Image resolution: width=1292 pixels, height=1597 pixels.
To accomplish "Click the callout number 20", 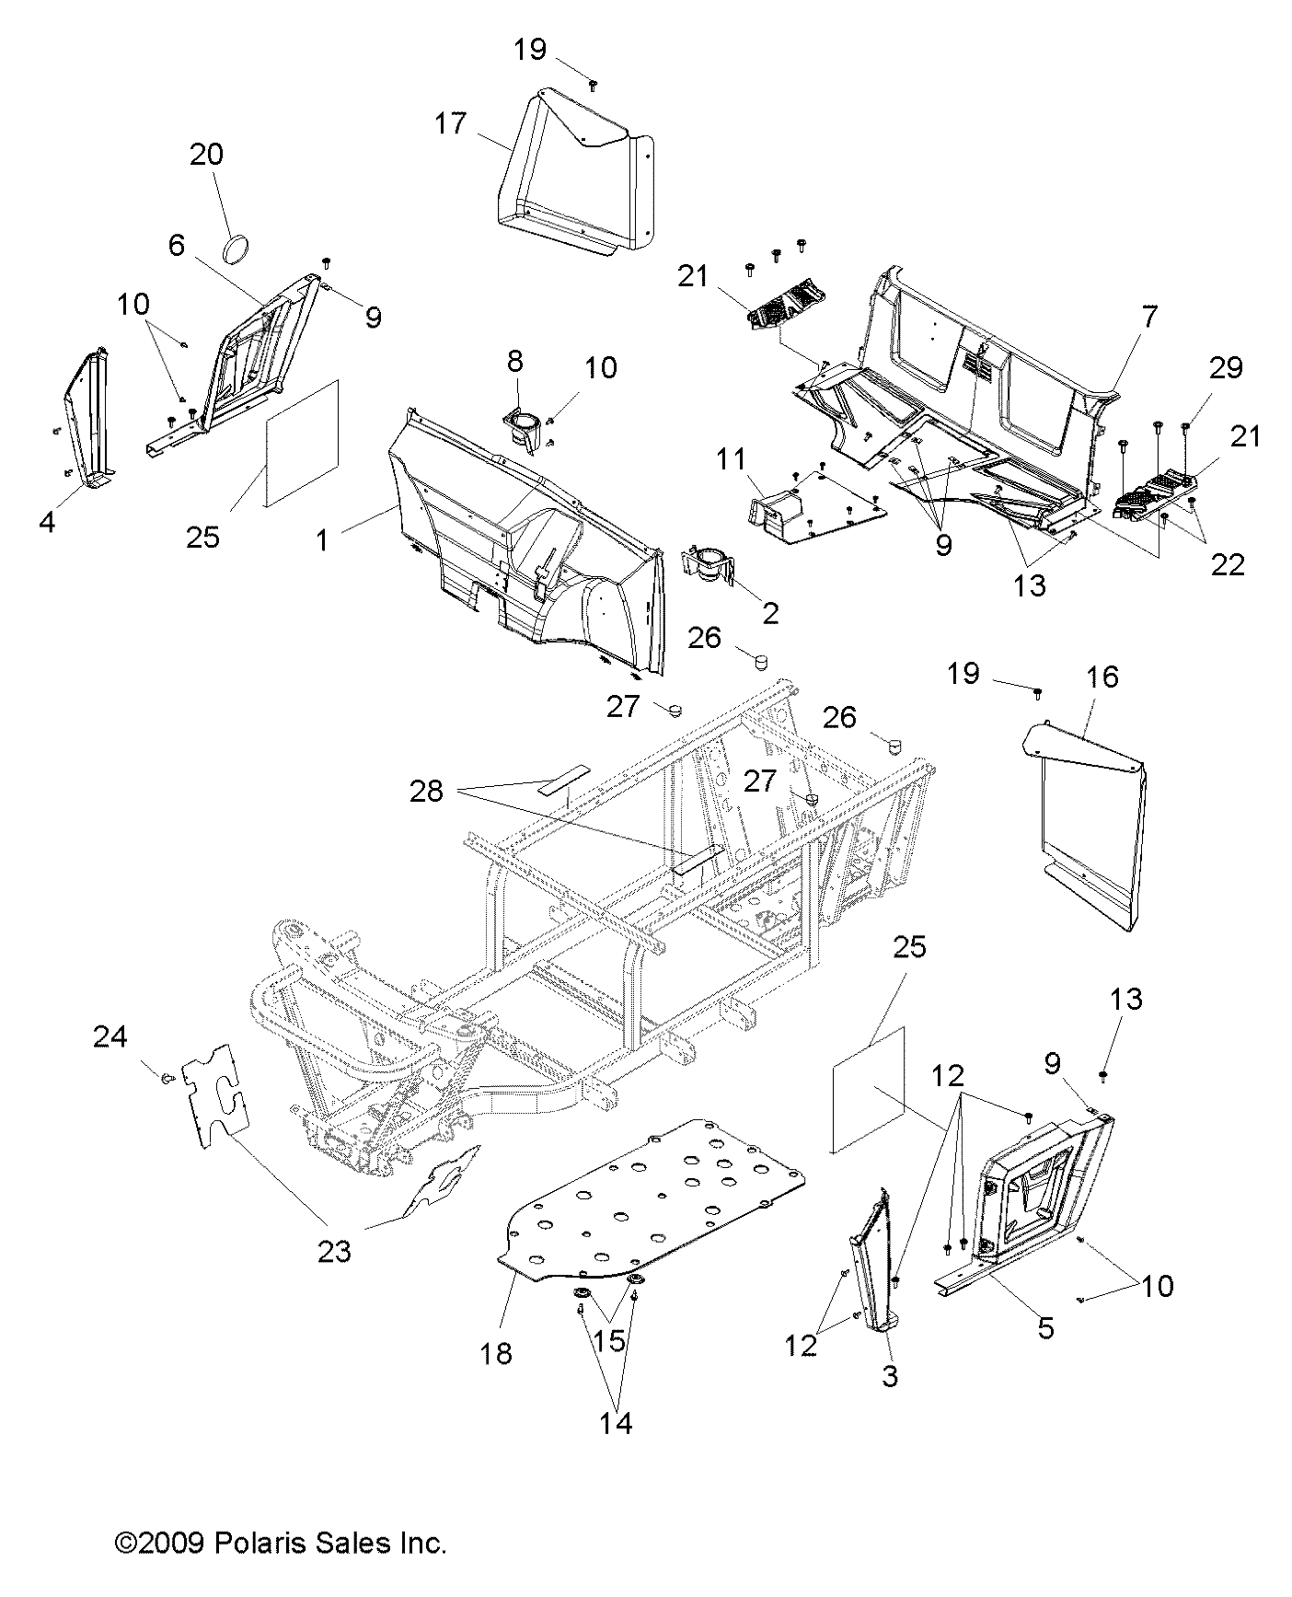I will point(206,155).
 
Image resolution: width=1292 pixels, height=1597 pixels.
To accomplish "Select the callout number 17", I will point(451,123).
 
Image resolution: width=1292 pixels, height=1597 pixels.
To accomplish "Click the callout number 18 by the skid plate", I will point(496,1354).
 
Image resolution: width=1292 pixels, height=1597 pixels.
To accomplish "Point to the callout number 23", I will point(334,1251).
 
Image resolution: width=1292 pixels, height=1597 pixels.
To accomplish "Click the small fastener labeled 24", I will point(167,1077).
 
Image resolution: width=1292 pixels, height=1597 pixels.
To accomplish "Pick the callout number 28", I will point(426,791).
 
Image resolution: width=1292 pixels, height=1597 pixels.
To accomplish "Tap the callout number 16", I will point(1102,677).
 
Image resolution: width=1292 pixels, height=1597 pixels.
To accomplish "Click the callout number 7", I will point(1149,318).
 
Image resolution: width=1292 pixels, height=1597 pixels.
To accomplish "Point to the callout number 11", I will point(733,459).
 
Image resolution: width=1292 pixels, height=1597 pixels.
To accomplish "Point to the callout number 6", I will point(177,245).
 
